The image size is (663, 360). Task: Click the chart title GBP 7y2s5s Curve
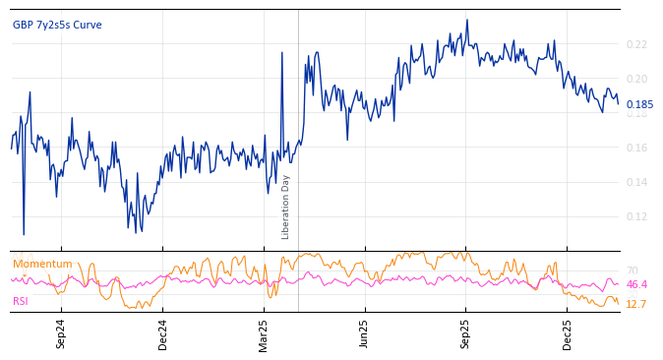click(57, 26)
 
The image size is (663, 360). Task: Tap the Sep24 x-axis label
click(61, 334)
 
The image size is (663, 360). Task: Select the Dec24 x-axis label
click(163, 334)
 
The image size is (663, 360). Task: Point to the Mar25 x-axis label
click(264, 334)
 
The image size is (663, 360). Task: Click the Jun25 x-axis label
click(364, 334)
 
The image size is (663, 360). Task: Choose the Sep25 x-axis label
click(465, 334)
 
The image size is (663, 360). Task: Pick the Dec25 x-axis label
click(567, 334)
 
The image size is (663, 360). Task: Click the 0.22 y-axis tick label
click(636, 44)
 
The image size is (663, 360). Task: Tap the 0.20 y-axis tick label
click(636, 79)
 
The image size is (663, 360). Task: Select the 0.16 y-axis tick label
click(636, 149)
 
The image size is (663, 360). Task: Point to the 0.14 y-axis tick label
click(636, 183)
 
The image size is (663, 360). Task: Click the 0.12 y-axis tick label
click(636, 217)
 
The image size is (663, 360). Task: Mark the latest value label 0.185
click(639, 105)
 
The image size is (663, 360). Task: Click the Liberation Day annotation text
click(286, 207)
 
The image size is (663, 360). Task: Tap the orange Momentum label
click(42, 265)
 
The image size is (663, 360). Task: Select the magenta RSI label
click(22, 301)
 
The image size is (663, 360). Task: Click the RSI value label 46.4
click(636, 285)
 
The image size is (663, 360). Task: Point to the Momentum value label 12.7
click(636, 305)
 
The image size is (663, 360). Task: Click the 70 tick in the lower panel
click(632, 271)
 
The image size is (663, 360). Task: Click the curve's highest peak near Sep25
click(467, 20)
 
